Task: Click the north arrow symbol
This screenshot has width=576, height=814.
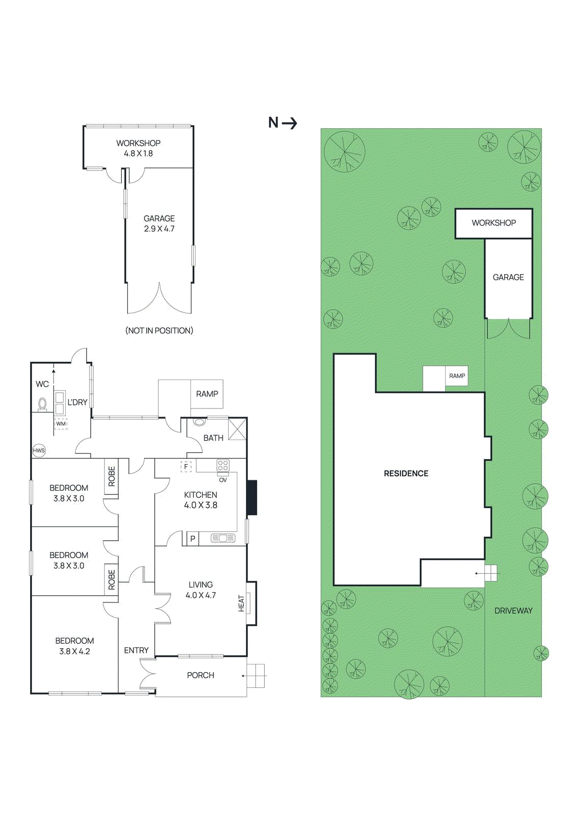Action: click(x=289, y=123)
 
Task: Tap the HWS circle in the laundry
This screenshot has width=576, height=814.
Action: click(x=39, y=450)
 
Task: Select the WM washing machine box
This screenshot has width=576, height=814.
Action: click(x=61, y=424)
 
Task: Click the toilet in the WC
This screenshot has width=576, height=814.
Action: click(x=43, y=404)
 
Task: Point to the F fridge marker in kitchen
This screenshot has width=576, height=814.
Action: click(x=186, y=466)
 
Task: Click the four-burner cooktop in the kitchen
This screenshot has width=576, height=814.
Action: click(x=223, y=466)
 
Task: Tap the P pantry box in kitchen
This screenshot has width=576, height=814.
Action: click(x=193, y=539)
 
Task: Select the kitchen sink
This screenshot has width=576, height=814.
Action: click(x=223, y=538)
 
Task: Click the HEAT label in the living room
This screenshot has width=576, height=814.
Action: click(x=241, y=603)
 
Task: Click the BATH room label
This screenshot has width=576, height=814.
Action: click(x=213, y=438)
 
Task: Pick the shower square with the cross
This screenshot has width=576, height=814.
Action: click(x=237, y=429)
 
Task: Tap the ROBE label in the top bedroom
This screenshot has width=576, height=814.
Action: click(x=112, y=477)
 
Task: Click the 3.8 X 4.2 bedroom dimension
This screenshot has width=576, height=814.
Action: click(x=74, y=651)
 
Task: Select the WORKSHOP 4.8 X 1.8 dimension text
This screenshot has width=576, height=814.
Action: click(x=138, y=153)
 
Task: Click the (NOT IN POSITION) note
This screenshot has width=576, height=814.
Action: click(x=159, y=331)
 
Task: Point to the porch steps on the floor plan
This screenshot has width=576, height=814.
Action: click(x=256, y=676)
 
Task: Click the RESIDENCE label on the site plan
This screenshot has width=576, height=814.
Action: click(x=406, y=474)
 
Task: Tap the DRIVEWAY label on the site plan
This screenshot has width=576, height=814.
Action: click(x=513, y=610)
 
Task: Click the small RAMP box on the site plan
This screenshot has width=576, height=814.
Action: click(x=457, y=376)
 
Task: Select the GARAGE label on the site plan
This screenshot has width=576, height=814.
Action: click(x=508, y=277)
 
